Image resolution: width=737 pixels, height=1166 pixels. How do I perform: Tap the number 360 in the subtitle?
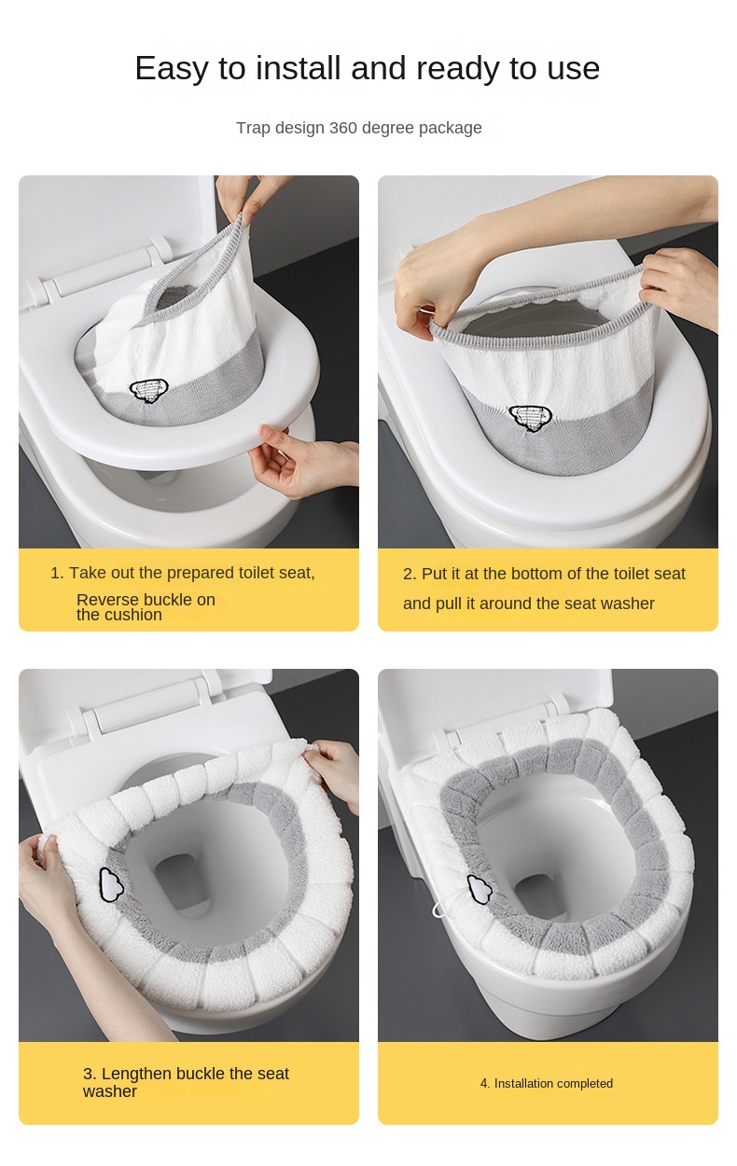343,128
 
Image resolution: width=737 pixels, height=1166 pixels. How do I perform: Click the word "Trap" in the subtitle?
254,128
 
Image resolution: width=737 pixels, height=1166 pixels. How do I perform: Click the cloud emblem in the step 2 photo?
528,418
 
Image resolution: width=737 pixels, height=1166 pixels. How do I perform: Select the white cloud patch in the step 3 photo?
112,885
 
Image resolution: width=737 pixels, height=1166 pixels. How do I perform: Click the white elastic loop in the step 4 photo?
440,908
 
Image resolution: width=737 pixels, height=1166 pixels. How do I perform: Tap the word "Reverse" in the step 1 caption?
107,600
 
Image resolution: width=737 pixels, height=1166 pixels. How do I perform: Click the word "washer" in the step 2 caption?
628,604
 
